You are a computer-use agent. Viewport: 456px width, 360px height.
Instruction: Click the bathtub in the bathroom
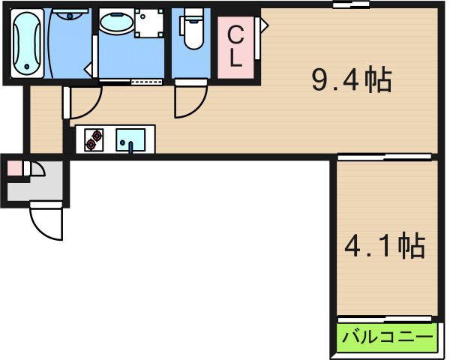click(x=28, y=43)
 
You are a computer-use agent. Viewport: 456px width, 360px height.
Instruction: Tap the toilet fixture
click(x=192, y=34)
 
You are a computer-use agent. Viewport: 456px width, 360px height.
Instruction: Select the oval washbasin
click(x=116, y=24)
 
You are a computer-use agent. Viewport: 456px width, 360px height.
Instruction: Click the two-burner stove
click(x=94, y=140)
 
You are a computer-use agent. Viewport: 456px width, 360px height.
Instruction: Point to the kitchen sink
click(x=133, y=139)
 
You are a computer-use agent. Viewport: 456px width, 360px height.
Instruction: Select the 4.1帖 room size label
click(x=385, y=245)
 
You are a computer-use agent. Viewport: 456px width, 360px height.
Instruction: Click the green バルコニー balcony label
click(x=387, y=337)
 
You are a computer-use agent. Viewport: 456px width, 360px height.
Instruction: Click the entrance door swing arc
click(x=45, y=223)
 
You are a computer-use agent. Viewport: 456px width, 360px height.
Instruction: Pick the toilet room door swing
click(x=190, y=102)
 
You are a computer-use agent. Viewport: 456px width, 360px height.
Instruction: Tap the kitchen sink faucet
click(x=133, y=146)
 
